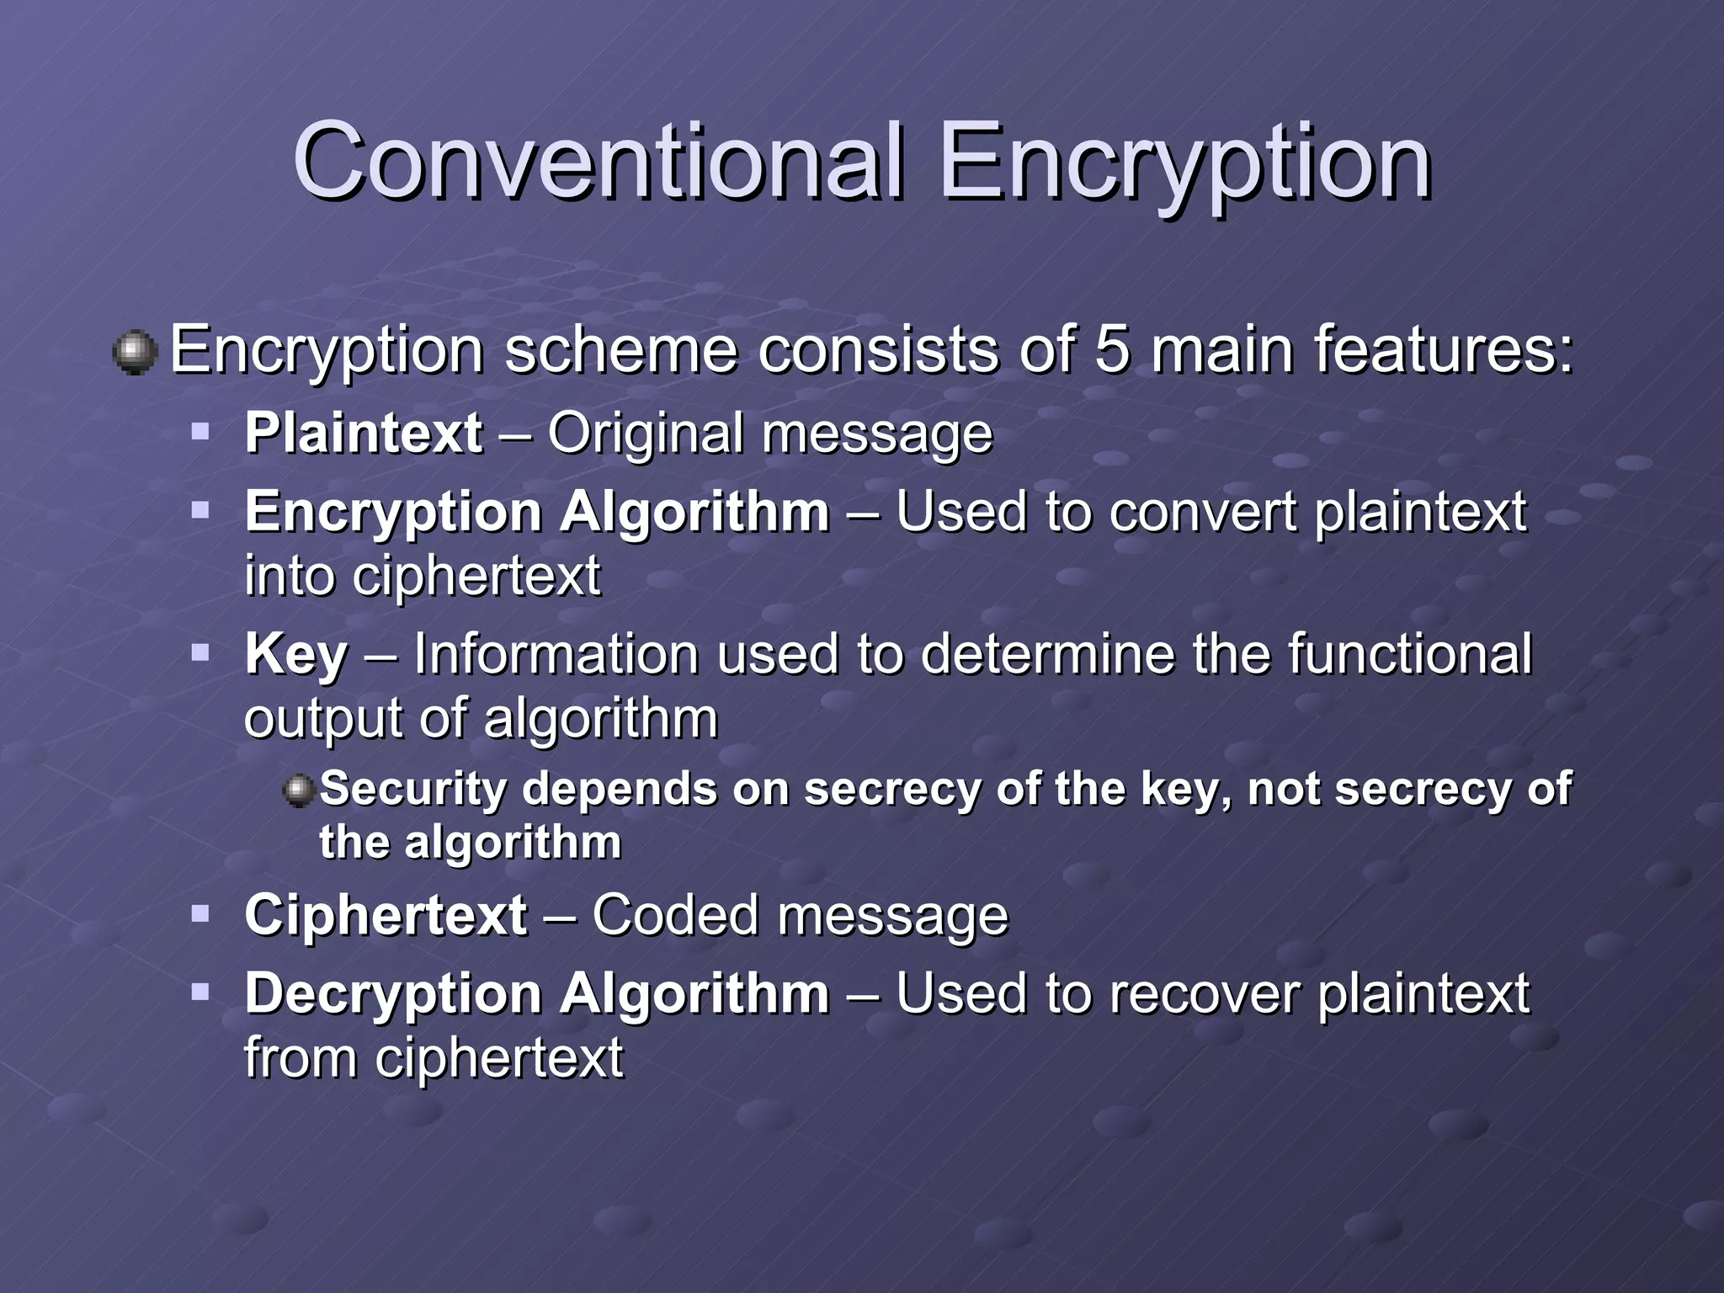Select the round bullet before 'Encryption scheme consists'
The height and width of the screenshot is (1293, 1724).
tap(135, 352)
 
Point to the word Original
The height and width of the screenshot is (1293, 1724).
tap(645, 434)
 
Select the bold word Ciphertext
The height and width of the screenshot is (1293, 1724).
tap(386, 915)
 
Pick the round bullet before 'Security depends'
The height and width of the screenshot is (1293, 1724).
tap(298, 790)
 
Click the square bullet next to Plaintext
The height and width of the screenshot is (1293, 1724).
tap(200, 433)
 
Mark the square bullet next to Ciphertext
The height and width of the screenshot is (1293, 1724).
tap(200, 913)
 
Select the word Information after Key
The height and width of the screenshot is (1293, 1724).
tap(556, 654)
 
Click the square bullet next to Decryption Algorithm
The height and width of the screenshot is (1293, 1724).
tap(200, 992)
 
